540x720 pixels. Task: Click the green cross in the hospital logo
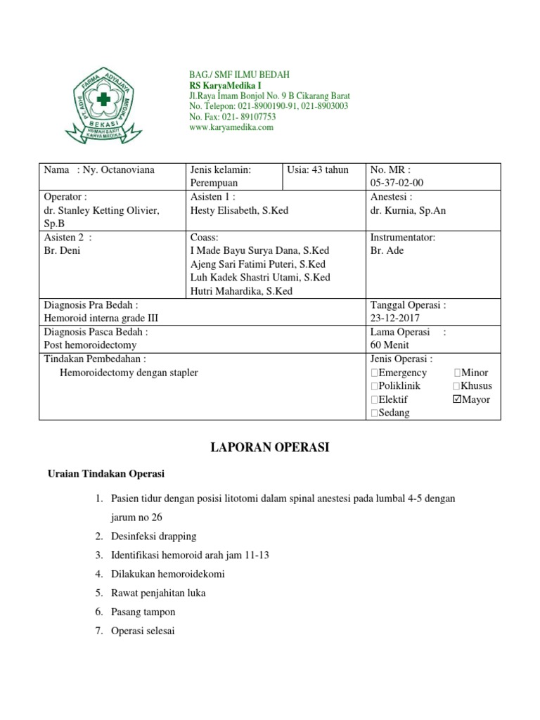click(x=104, y=99)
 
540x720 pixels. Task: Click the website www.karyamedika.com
click(x=231, y=127)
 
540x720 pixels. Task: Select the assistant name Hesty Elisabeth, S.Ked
click(x=239, y=210)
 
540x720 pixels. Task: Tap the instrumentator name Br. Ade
click(x=387, y=251)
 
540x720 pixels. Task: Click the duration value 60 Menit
click(x=390, y=345)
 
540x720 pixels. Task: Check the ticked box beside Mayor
click(x=458, y=399)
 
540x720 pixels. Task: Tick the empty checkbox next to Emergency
click(x=374, y=373)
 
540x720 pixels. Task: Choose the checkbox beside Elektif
click(x=374, y=399)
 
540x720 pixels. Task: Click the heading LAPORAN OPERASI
click(x=270, y=447)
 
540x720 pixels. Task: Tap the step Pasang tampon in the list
click(x=143, y=612)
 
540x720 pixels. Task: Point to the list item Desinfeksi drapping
click(x=153, y=536)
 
